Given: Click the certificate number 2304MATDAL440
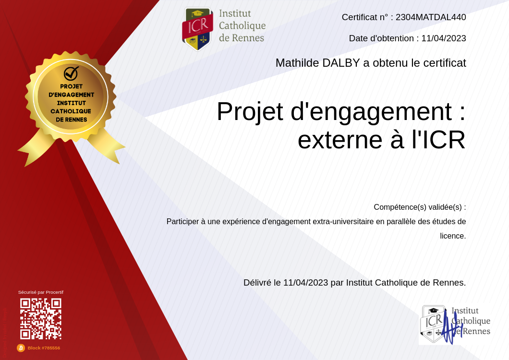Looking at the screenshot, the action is point(431,17).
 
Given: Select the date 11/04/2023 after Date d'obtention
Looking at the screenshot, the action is point(444,38).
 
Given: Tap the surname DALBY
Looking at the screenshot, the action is point(341,63).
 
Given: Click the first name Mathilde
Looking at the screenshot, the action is point(297,63).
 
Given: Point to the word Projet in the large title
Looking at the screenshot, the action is point(250,112).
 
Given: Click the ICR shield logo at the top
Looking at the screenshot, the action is point(197,29).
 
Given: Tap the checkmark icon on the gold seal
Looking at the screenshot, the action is point(71,73).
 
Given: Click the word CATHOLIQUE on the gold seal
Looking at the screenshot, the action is point(71,111).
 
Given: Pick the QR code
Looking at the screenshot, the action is point(41,319).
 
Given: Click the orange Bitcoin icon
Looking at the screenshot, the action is point(21,348).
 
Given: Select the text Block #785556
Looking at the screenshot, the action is point(44,348).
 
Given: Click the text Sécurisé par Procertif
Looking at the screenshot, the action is point(41,292).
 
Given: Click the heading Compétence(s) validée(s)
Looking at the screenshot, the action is point(420,207).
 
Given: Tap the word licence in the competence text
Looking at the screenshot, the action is point(452,236).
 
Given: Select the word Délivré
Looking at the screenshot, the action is point(257,283).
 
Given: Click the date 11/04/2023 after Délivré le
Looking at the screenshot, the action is point(305,283).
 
